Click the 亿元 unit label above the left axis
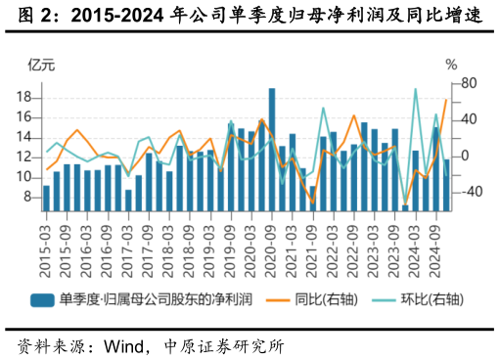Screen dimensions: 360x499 (x=42, y=66)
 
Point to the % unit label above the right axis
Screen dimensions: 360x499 (x=451, y=66)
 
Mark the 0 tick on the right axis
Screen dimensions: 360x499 (x=465, y=156)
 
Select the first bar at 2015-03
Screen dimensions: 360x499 (x=46, y=198)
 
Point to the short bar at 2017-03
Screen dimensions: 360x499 (x=128, y=200)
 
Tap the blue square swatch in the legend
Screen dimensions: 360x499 (x=41, y=300)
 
